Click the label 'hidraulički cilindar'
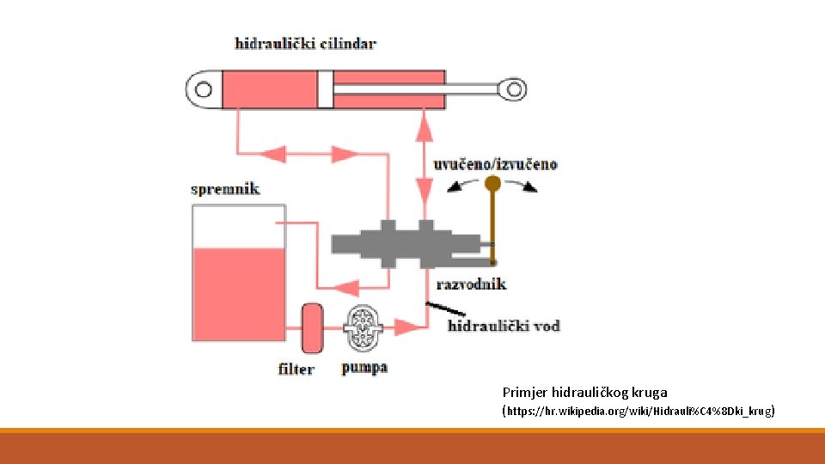[306, 43]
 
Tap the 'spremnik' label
[225, 188]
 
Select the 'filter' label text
[296, 369]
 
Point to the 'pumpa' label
[364, 368]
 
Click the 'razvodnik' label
[471, 284]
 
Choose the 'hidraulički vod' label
[504, 326]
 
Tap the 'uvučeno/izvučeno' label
[496, 163]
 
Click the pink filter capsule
[312, 327]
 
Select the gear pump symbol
[362, 327]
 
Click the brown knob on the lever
[492, 183]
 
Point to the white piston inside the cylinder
[325, 89]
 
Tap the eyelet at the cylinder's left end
[203, 89]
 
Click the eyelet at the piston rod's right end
[514, 88]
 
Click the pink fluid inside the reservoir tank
[239, 292]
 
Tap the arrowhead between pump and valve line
[404, 327]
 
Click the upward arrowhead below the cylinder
[423, 128]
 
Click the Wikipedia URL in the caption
[638, 412]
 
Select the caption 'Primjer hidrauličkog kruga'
[584, 392]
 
